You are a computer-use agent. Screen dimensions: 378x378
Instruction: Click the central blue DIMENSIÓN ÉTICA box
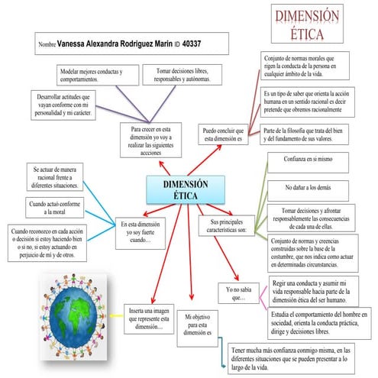185,189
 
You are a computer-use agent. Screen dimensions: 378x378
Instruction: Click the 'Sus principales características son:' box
228,225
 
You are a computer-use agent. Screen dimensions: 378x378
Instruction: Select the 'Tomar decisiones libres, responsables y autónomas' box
183,75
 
